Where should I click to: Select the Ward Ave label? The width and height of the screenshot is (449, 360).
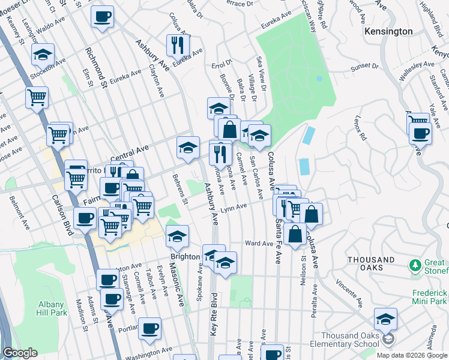(x=259, y=244)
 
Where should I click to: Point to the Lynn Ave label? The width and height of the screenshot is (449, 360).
(x=234, y=208)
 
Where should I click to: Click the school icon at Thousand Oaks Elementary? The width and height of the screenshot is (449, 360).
(x=385, y=320)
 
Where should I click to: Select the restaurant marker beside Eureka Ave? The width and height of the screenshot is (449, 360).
(x=178, y=45)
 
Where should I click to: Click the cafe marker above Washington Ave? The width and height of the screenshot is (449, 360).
(x=150, y=328)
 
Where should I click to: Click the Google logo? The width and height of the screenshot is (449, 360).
(x=20, y=353)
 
